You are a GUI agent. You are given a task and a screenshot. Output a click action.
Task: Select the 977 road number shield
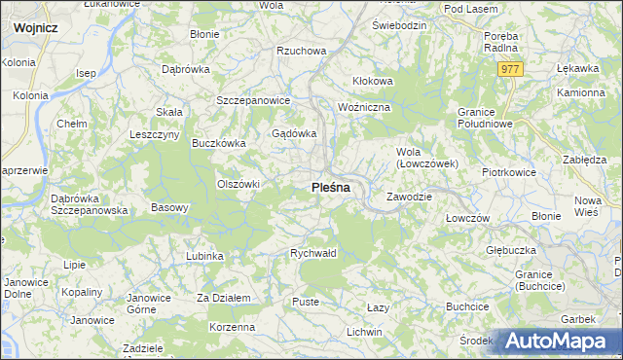[511, 69]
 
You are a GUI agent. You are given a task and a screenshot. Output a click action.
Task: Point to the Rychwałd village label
[313, 253]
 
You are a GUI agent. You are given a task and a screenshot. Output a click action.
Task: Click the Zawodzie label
[409, 196]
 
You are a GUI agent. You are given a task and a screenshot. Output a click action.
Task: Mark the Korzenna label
[233, 327]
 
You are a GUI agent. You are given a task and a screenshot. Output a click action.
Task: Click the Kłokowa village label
[372, 81]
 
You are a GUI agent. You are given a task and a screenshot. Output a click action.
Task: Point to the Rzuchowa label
[300, 51]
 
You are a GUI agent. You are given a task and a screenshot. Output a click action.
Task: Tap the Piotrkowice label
[509, 172]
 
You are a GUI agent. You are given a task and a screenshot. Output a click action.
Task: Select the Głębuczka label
[511, 249]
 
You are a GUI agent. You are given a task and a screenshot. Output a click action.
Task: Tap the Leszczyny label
[154, 134]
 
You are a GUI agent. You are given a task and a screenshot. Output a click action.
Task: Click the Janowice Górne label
[148, 304]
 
